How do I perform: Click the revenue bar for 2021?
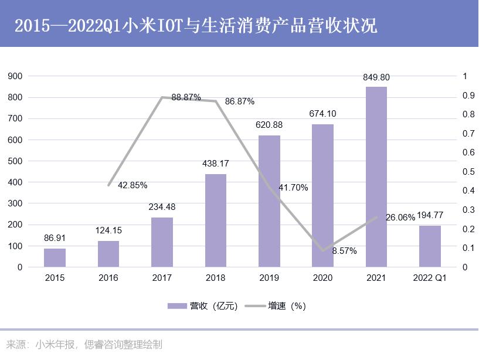pyautogui.click(x=376, y=176)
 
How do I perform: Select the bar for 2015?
pyautogui.click(x=55, y=257)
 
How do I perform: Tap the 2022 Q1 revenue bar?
pyautogui.click(x=430, y=246)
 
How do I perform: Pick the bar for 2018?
pyautogui.click(x=215, y=220)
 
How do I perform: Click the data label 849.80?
pyautogui.click(x=376, y=77)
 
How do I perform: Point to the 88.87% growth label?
pyautogui.click(x=186, y=97)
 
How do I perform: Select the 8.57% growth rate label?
pyautogui.click(x=344, y=250)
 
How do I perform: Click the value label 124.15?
pyautogui.click(x=108, y=230)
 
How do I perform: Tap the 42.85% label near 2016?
pyautogui.click(x=133, y=185)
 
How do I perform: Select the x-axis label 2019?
pyautogui.click(x=269, y=278)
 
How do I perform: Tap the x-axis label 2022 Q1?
pyautogui.click(x=430, y=278)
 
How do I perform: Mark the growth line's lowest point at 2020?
pyautogui.click(x=322, y=250)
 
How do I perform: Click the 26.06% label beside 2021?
pyautogui.click(x=400, y=218)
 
